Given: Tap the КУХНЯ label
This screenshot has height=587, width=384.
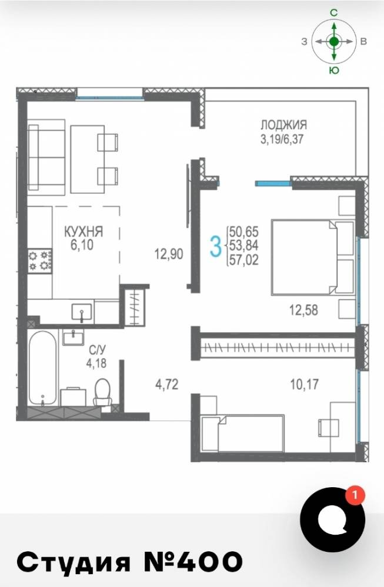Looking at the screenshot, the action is [x=84, y=231].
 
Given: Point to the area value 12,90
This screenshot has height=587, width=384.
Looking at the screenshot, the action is [x=169, y=255].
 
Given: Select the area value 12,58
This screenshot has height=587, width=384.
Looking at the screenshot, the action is [x=303, y=310].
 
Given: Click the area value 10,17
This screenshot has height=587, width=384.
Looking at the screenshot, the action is [x=304, y=384].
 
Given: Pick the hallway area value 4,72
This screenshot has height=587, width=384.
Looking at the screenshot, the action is [x=166, y=384].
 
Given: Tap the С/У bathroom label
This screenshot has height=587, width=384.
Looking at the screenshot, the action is [x=97, y=350].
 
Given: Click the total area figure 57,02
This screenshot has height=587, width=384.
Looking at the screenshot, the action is [x=244, y=260].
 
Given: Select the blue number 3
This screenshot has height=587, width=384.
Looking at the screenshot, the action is [x=215, y=247].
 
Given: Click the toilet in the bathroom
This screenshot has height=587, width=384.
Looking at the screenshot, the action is [x=102, y=392].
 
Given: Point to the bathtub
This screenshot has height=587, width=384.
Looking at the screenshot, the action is [x=42, y=369].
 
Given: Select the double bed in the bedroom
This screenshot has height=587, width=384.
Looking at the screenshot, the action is [x=313, y=257].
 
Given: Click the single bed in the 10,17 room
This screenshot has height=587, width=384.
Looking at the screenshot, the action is [x=243, y=433].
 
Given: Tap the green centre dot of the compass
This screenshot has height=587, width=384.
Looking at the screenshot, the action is [x=334, y=41].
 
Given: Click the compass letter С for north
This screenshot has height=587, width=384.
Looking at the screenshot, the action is [x=334, y=13].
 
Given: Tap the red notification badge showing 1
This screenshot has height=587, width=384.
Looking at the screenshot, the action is [x=355, y=495].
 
